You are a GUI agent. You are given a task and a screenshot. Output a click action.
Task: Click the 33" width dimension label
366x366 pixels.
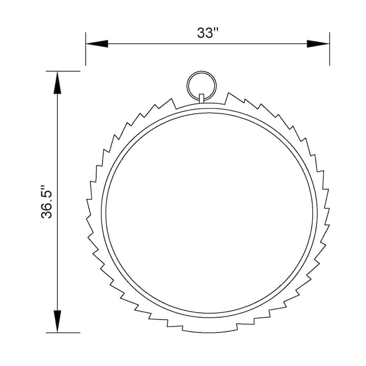[x=208, y=33]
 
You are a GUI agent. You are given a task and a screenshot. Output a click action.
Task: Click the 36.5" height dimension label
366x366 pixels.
[x=48, y=202]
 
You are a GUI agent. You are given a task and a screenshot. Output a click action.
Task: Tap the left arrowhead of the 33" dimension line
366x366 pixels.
[x=96, y=44]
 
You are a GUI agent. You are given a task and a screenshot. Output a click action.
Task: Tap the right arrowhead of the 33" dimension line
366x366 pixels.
[x=318, y=44]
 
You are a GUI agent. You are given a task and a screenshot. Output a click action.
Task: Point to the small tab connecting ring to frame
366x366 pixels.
[x=201, y=98]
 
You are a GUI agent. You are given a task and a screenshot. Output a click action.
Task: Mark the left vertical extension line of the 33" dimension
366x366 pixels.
[x=86, y=48]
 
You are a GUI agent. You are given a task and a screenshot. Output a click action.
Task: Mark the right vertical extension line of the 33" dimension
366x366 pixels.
[x=329, y=48]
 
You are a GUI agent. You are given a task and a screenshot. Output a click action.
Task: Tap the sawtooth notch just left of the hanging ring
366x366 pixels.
[x=174, y=102]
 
